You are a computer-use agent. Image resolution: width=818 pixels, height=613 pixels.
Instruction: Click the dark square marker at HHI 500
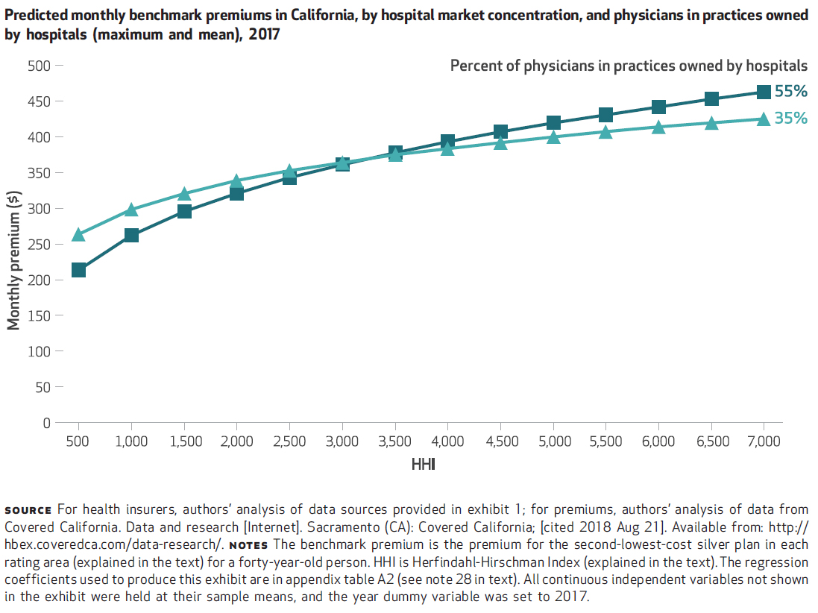[78, 269]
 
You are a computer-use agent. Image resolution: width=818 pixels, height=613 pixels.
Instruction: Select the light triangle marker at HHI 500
[78, 235]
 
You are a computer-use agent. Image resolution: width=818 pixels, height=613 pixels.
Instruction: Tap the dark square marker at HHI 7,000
[764, 92]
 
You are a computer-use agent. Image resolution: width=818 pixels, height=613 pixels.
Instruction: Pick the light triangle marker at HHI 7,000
[764, 119]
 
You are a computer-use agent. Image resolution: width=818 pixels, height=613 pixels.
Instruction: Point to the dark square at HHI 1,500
[184, 211]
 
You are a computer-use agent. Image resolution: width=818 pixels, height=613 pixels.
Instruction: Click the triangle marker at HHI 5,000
[553, 136]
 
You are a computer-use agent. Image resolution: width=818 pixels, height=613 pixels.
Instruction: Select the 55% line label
[791, 92]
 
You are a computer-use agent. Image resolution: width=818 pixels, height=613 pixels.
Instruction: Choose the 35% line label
[791, 118]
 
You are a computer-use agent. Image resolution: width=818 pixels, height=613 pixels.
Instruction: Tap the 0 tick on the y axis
[46, 423]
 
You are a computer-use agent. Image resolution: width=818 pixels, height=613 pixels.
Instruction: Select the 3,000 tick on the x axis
[342, 441]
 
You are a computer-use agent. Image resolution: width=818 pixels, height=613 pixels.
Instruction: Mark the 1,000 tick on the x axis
[131, 441]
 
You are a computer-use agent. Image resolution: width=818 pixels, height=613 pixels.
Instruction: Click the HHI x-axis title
[423, 465]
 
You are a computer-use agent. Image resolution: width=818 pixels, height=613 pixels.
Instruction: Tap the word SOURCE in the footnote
[28, 511]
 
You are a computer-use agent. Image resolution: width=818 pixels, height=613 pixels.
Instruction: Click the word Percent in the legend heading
[476, 66]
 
